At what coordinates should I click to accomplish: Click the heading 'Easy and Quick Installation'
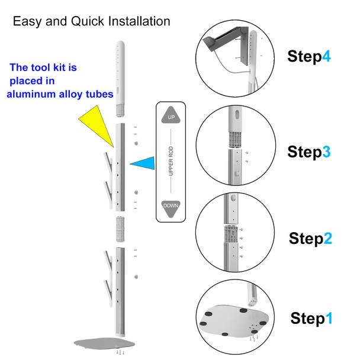click(92, 21)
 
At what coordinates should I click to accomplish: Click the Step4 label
click(310, 56)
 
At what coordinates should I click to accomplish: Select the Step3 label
click(310, 152)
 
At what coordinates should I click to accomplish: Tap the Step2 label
click(310, 239)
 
